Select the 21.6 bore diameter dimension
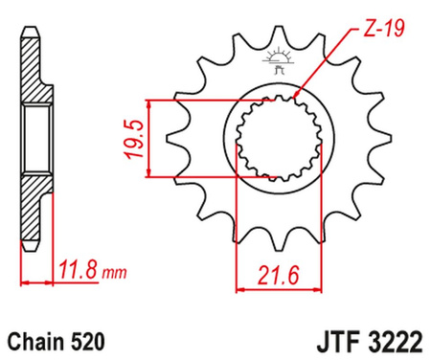click(272, 278)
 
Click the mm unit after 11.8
click(114, 274)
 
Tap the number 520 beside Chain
click(89, 340)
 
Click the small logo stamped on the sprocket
click(281, 57)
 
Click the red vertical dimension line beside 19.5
click(149, 138)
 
